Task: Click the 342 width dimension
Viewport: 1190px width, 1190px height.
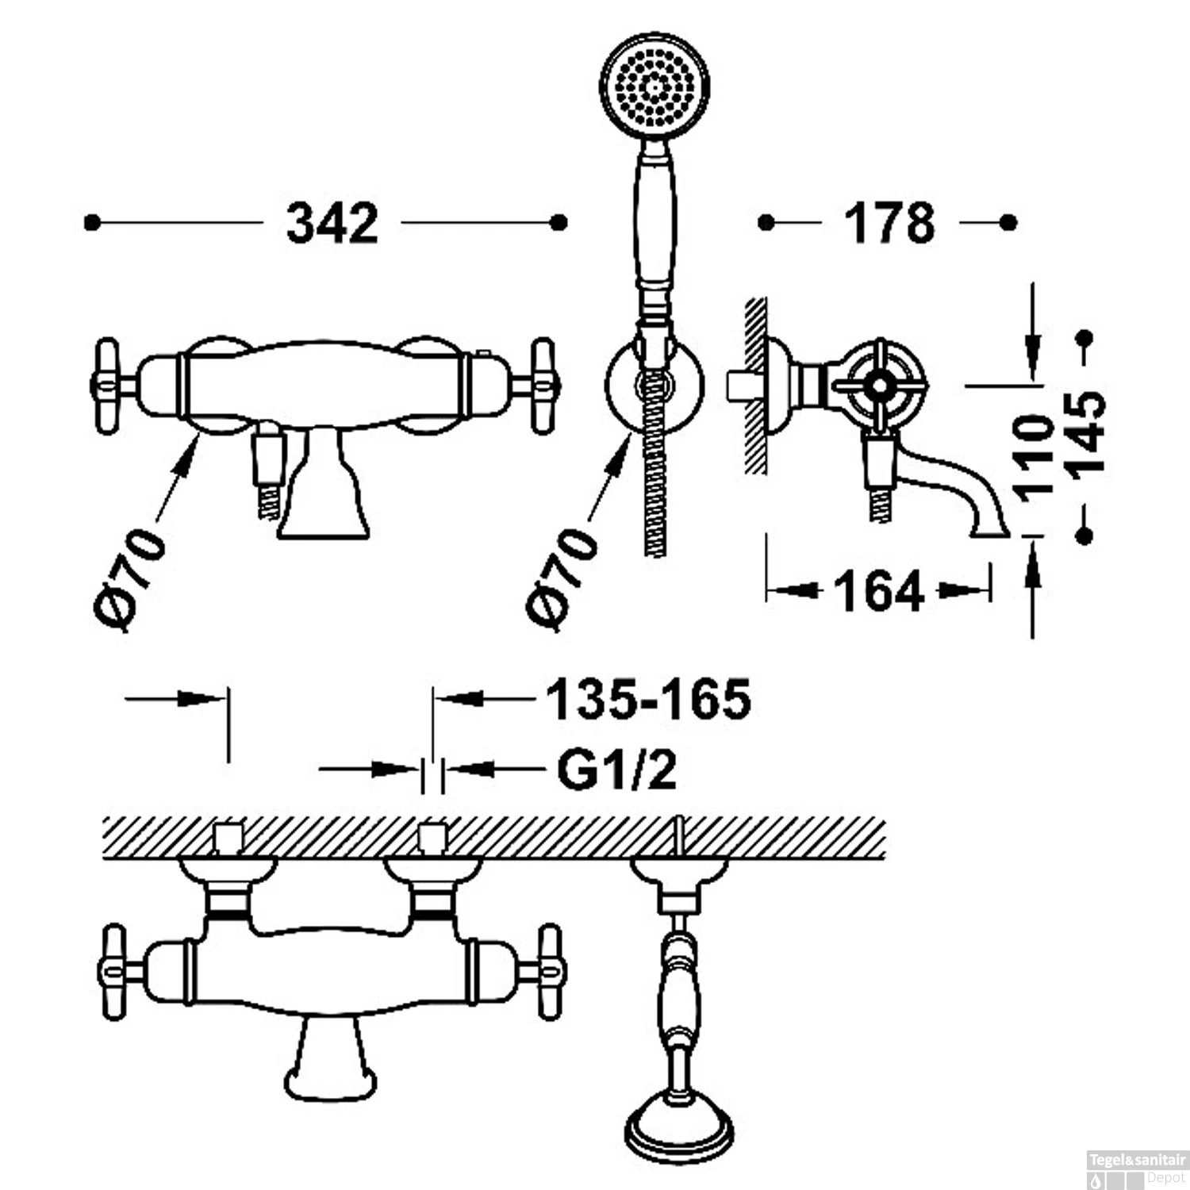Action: coord(332,223)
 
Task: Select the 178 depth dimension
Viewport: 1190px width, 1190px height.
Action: coord(889,223)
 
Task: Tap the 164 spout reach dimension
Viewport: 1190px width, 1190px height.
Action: coord(879,591)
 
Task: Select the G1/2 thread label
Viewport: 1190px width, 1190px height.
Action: coord(617,769)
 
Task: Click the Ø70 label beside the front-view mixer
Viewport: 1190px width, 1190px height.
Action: coord(130,579)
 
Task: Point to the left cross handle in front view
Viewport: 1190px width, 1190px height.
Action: coord(107,386)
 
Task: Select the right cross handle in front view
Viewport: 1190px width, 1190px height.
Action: coord(542,386)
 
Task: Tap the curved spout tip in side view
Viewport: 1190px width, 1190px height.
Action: coord(991,528)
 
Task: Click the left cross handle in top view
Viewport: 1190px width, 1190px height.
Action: coord(114,972)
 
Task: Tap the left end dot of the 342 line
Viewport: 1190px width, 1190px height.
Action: coord(92,223)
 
